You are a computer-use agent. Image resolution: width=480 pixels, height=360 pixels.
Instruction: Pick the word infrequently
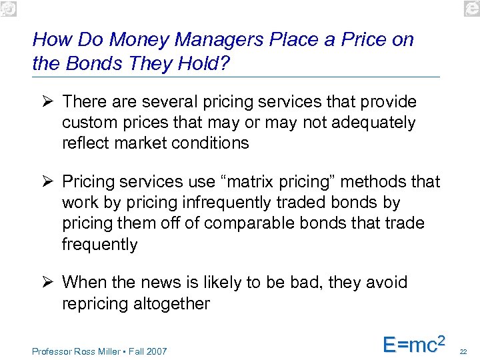(240, 203)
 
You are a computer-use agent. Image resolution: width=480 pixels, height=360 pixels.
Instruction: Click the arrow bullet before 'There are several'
(46, 102)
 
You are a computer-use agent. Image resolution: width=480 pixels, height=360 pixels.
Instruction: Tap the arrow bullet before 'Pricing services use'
(46, 182)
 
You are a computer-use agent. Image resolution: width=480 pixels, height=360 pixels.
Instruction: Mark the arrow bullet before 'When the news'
(46, 282)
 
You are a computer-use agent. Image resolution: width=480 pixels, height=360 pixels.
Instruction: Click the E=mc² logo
(413, 343)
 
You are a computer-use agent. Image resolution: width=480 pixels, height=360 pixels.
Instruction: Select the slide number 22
(465, 351)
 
